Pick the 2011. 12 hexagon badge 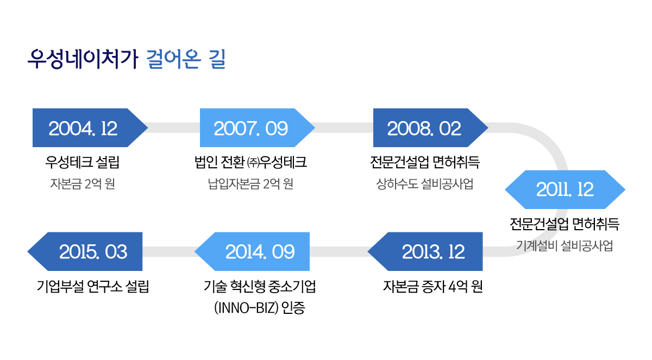coord(565,190)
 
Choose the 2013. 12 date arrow coord(425,251)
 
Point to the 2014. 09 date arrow coord(252,251)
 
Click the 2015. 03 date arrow coord(85,251)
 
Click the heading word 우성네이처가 coord(83,59)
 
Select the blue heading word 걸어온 coord(173,59)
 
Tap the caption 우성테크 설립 coord(83,162)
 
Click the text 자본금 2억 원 coord(83,184)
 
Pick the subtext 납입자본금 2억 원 coord(250,184)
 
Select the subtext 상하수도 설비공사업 coord(425,184)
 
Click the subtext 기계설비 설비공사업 coord(565,246)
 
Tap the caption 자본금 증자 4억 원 coord(433,287)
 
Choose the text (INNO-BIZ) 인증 coord(259,308)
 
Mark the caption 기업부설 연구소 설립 coord(93,287)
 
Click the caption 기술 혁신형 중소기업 coord(259,287)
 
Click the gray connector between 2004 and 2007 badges coord(174,128)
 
